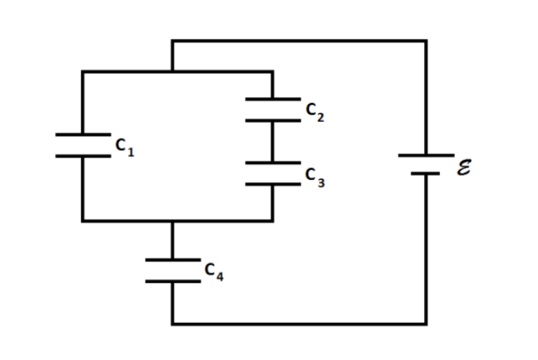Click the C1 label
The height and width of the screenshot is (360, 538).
point(125,148)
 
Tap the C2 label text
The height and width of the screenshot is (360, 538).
point(313,112)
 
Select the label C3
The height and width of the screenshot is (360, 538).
point(313,176)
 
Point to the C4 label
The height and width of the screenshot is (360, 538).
point(214,271)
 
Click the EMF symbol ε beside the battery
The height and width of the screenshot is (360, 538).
point(464,166)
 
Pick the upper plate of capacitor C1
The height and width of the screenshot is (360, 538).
point(82,134)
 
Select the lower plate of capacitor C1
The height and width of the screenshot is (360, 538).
point(82,155)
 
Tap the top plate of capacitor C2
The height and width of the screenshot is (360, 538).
point(272,100)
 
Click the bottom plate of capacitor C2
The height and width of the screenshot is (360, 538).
point(272,120)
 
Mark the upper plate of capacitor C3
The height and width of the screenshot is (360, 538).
point(272,163)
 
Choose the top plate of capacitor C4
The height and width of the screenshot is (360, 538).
point(172,259)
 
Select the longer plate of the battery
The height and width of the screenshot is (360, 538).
point(426,155)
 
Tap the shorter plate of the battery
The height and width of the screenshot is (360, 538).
point(426,174)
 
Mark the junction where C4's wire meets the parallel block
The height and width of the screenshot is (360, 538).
point(172,221)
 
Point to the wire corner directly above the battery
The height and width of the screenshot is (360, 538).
point(426,41)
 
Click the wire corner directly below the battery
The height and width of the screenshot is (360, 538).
point(426,323)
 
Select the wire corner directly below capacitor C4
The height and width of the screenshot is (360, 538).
point(172,323)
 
